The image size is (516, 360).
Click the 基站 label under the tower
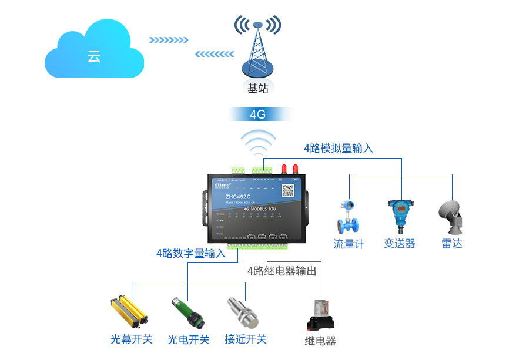coord(257,89)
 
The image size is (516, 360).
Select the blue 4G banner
coord(258,114)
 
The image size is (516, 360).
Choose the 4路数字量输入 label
coord(191,254)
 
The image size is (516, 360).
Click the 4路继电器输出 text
coord(282,271)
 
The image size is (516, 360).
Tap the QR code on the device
coord(287,190)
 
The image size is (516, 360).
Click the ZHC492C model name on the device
coord(237,197)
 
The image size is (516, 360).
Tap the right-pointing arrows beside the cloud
coord(169,40)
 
